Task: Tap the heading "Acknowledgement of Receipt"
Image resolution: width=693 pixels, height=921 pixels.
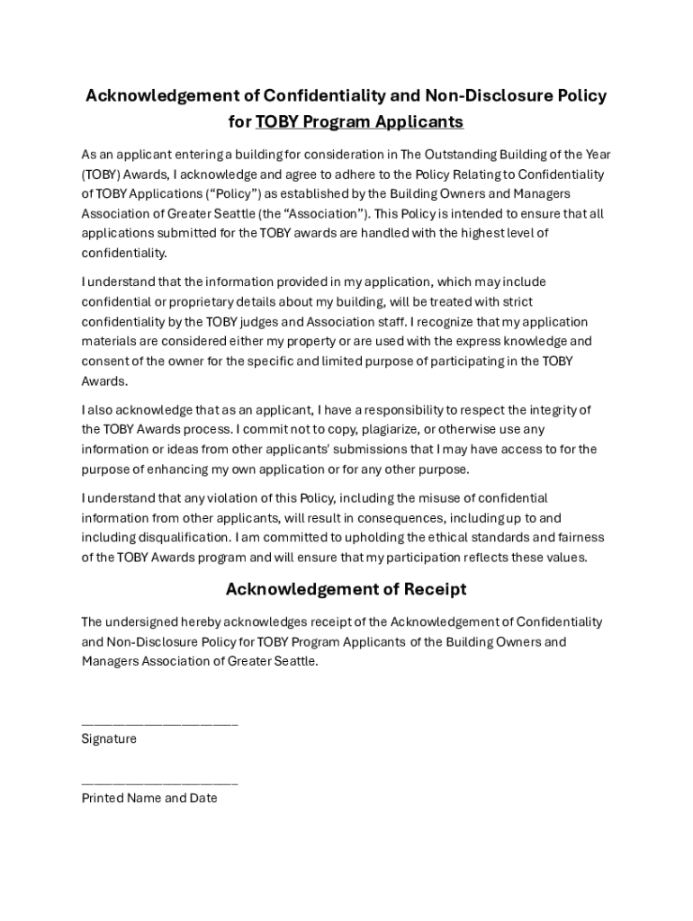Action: [346, 590]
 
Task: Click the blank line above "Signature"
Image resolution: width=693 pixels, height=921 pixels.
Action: [159, 723]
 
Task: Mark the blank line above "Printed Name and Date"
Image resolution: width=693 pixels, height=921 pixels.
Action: [159, 782]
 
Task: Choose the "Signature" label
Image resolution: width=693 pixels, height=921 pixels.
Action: [109, 739]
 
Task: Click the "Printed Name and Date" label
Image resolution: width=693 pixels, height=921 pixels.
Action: [149, 798]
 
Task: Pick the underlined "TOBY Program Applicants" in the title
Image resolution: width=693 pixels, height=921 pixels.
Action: [359, 121]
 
